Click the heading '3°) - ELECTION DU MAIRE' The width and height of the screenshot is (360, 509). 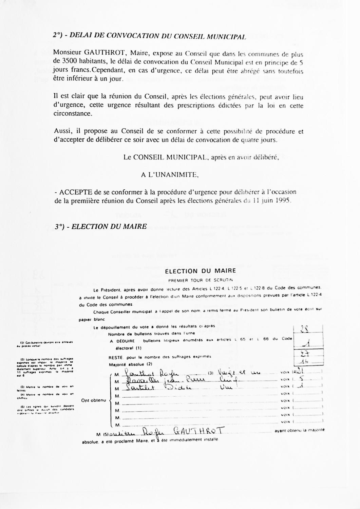click(x=101, y=227)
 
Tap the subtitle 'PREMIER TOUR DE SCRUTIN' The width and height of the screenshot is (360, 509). click(x=201, y=280)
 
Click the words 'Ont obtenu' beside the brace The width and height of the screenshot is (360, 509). click(x=94, y=400)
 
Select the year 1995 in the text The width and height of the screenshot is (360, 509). click(x=283, y=200)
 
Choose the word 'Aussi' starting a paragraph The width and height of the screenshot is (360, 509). click(x=61, y=131)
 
